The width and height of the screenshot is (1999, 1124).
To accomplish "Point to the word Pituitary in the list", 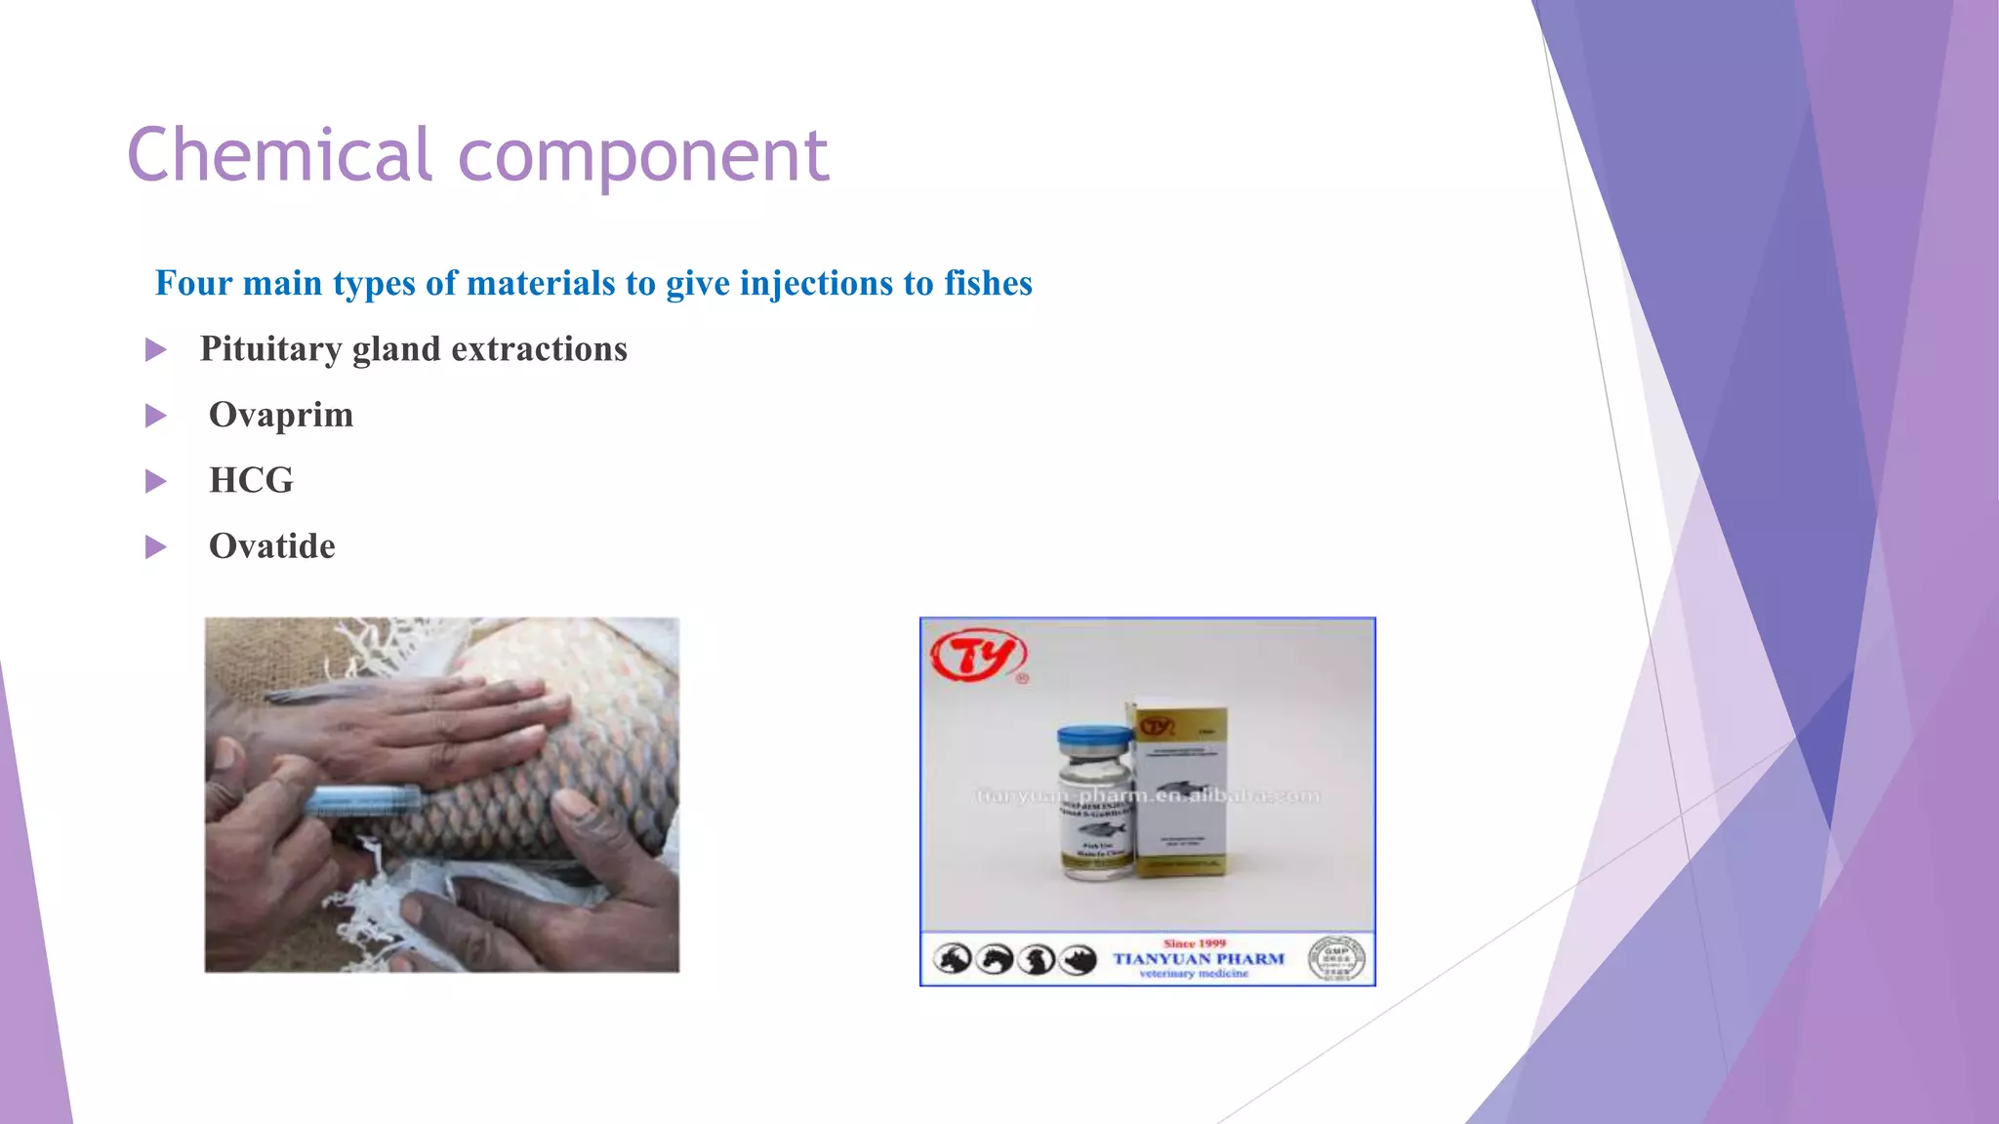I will (x=270, y=349).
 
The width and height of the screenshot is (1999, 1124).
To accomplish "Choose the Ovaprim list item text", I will (x=281, y=415).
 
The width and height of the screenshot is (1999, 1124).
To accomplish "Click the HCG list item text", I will (x=251, y=480).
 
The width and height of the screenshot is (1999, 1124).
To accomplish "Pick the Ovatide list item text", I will (x=271, y=546).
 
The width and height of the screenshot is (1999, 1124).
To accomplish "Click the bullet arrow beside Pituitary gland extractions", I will (x=156, y=349).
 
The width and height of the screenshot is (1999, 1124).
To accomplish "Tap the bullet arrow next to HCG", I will (x=156, y=481).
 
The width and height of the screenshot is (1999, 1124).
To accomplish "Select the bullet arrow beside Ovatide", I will (x=156, y=546).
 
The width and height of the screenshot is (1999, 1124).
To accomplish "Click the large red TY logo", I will (x=978, y=656).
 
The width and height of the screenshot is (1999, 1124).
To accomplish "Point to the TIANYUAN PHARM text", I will (x=1199, y=959).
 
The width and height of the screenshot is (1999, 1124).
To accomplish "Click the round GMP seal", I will (x=1336, y=958).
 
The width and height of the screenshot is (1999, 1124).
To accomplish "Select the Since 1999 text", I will (x=1194, y=943).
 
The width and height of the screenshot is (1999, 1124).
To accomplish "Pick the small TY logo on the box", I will (x=1157, y=727).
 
